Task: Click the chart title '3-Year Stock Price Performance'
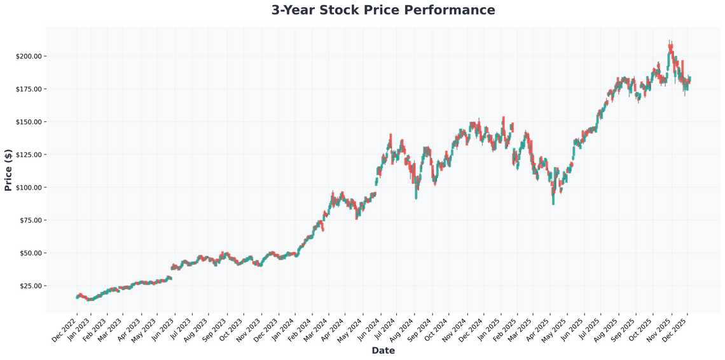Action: pos(383,10)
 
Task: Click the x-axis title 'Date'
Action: pos(383,350)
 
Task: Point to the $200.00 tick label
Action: pos(29,56)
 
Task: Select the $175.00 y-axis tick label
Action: pos(29,89)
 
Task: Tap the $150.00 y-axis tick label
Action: pos(29,121)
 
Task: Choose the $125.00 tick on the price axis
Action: pos(29,155)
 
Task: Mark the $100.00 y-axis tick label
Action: pos(29,188)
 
